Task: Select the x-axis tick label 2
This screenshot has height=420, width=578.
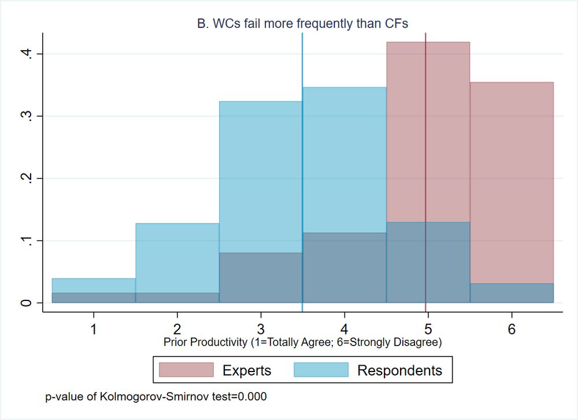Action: [x=177, y=330]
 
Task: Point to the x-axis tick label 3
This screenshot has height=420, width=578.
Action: [x=261, y=330]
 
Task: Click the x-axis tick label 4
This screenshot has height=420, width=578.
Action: [x=344, y=330]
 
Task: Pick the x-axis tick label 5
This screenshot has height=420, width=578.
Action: [x=428, y=330]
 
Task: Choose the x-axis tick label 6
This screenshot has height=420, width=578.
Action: [x=512, y=330]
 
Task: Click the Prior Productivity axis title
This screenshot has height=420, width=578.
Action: [x=303, y=343]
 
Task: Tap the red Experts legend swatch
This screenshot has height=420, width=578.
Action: [x=186, y=370]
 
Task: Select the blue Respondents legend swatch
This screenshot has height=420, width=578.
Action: [x=321, y=370]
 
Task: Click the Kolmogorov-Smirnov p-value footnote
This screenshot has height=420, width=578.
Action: [x=156, y=397]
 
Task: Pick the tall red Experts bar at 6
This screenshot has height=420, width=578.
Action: [x=512, y=173]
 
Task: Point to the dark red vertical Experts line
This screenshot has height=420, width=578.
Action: [x=426, y=144]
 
